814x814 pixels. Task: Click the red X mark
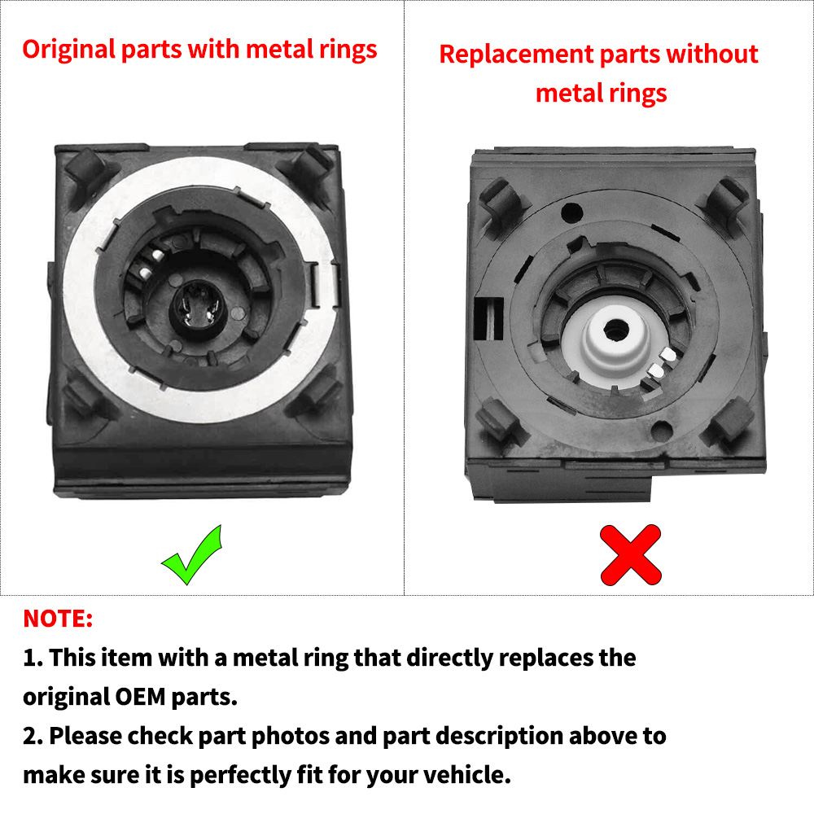click(631, 555)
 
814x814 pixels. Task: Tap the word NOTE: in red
click(58, 619)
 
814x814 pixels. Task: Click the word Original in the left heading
click(68, 50)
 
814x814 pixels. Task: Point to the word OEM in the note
click(140, 697)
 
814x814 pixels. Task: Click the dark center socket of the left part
click(197, 310)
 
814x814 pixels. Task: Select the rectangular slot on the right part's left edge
click(488, 318)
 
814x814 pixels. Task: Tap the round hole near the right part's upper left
click(572, 212)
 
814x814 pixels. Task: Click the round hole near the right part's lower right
click(662, 431)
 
